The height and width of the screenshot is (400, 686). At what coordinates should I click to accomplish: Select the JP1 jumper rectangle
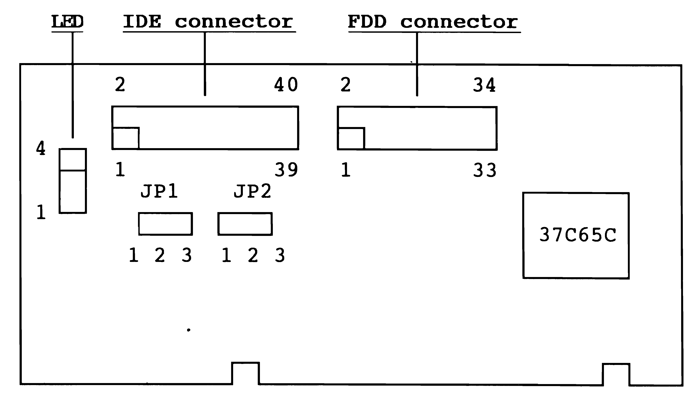(x=165, y=224)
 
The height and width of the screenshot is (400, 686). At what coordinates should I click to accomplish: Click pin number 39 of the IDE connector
(x=286, y=170)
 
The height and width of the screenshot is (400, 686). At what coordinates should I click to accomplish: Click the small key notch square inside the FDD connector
(x=351, y=139)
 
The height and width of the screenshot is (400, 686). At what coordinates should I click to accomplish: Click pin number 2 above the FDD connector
(x=346, y=85)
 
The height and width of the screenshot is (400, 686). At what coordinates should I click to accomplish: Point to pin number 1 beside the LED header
(x=41, y=212)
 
